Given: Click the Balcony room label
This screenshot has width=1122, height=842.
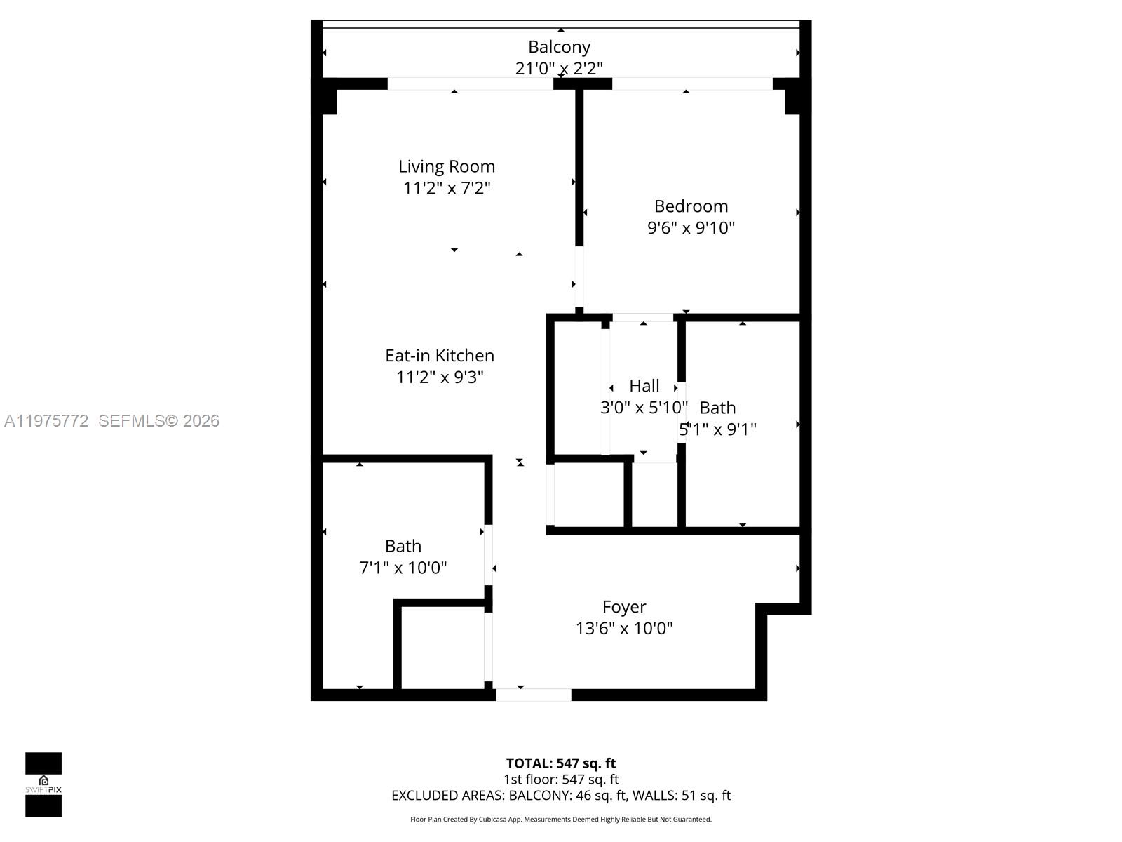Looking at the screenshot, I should tap(559, 47).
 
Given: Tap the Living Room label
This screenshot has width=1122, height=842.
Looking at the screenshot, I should tap(447, 166).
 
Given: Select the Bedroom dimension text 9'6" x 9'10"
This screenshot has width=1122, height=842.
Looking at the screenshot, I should tap(691, 227).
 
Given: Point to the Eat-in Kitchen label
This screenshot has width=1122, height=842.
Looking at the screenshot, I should tap(440, 356).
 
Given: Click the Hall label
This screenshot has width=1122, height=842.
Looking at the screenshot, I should tap(644, 386).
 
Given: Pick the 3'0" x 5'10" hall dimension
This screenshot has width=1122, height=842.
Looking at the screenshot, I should tap(644, 408).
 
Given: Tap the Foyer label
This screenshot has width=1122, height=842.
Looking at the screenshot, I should tap(624, 607).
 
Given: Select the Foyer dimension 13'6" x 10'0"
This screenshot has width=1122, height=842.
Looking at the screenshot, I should tap(624, 628).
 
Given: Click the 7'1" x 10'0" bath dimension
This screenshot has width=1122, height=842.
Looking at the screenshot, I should tap(403, 568).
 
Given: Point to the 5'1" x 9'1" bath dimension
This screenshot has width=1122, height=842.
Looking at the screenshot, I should tap(718, 429).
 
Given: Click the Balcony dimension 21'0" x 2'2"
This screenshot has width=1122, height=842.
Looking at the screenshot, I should tap(559, 69).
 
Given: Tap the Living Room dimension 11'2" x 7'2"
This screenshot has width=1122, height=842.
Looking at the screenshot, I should tap(447, 188).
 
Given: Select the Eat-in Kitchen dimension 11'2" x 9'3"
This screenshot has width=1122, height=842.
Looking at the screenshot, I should tap(440, 377).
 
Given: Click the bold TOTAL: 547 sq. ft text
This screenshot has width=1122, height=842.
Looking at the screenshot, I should tap(561, 763).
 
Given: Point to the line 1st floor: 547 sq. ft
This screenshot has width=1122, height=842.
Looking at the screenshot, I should tap(561, 780).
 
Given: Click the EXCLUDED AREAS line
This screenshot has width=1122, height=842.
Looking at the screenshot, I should tap(561, 796).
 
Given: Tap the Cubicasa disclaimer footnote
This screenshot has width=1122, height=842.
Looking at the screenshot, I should tap(561, 820).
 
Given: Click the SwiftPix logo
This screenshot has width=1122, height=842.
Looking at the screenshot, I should tap(43, 784).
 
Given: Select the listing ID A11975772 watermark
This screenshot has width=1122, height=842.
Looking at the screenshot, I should tap(46, 421).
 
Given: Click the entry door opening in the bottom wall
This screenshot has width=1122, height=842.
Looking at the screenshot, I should tap(534, 695).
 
